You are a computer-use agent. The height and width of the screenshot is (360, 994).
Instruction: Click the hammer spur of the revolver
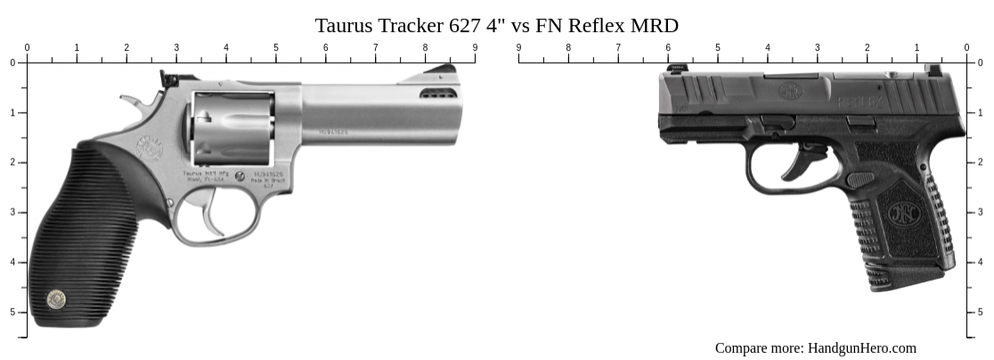tap(130, 102)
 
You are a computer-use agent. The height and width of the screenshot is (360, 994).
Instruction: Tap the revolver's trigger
tap(211, 220)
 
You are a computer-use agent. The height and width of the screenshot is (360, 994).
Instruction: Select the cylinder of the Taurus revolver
tap(233, 127)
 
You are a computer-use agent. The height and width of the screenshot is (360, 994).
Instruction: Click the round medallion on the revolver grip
tap(55, 300)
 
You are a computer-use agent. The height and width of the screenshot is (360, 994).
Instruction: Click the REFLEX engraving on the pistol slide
tap(860, 102)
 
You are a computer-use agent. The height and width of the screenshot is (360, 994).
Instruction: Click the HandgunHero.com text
tap(861, 348)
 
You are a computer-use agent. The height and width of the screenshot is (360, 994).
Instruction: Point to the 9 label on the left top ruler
tap(475, 47)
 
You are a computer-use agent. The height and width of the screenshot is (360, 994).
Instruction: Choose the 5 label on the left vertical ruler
tap(12, 312)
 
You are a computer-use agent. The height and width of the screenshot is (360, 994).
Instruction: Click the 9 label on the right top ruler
tap(518, 47)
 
